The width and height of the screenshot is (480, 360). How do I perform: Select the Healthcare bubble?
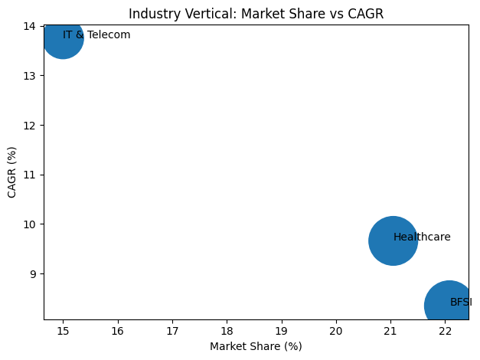pyautogui.click(x=393, y=241)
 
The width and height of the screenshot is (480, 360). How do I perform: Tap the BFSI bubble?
pyautogui.click(x=448, y=306)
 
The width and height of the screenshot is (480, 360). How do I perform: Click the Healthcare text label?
pyautogui.click(x=422, y=237)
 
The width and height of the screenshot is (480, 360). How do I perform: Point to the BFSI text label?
pyautogui.click(x=461, y=303)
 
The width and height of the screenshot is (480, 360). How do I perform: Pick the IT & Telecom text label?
pyautogui.click(x=96, y=35)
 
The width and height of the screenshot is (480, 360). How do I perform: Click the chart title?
pyautogui.click(x=256, y=14)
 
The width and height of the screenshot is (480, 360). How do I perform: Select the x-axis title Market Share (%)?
pyautogui.click(x=256, y=346)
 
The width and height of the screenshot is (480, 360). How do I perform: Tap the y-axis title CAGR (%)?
pyautogui.click(x=12, y=172)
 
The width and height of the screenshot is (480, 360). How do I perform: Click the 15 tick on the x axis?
pyautogui.click(x=63, y=330)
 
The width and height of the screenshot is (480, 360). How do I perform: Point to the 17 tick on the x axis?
pyautogui.click(x=172, y=330)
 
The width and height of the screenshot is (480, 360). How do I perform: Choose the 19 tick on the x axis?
pyautogui.click(x=282, y=330)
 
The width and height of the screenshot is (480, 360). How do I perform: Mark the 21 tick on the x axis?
pyautogui.click(x=390, y=330)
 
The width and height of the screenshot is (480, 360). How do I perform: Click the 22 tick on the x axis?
pyautogui.click(x=446, y=330)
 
